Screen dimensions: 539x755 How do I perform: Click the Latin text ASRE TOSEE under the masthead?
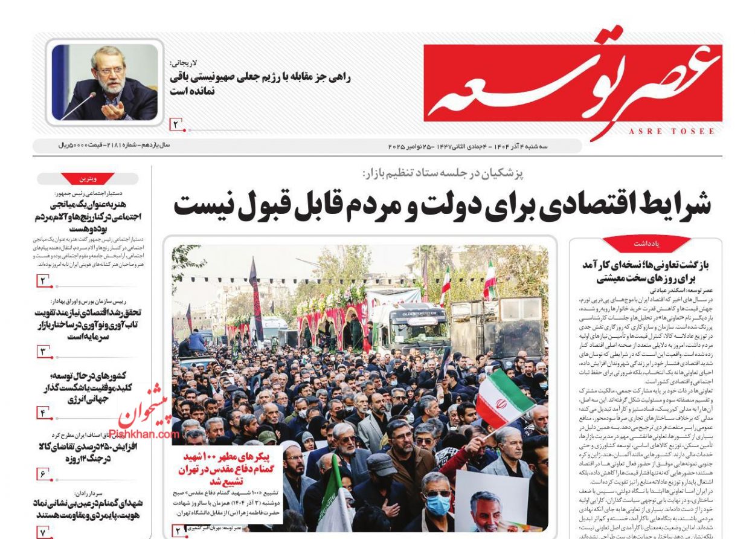pos(672,131)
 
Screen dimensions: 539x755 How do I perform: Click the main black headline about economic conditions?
pos(442,205)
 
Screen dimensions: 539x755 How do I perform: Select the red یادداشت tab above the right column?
pos(646,243)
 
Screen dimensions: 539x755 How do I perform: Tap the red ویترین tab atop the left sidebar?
pos(88,179)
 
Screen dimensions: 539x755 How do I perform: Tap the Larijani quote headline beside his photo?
pos(261,83)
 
